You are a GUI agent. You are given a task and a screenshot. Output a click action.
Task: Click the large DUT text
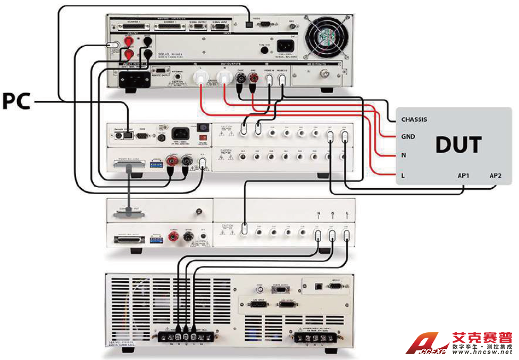point(458,145)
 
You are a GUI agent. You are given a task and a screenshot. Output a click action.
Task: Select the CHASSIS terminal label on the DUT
point(414,120)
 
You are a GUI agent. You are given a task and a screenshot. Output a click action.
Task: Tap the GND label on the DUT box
point(408,137)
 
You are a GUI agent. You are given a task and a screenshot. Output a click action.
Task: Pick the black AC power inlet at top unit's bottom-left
point(134,80)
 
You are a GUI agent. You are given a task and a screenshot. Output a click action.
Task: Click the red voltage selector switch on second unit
point(202,128)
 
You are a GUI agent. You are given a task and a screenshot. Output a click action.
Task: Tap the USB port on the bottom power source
point(318,286)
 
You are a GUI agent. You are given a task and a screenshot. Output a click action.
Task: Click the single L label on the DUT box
point(403,175)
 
